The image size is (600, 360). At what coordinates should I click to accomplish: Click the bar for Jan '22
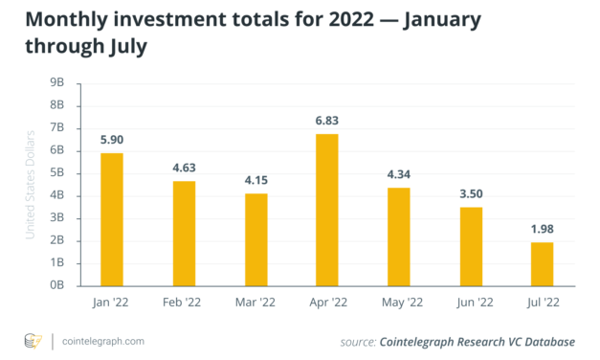tap(112, 218)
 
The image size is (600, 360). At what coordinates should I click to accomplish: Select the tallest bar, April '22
tap(326, 209)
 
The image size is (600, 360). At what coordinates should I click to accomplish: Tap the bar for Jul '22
tap(541, 263)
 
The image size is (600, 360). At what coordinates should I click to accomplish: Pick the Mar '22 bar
tap(256, 238)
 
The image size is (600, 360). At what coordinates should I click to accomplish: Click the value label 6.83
tap(326, 119)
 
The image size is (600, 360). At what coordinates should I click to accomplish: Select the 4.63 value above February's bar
tap(184, 168)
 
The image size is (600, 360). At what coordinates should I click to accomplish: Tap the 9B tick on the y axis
tap(56, 82)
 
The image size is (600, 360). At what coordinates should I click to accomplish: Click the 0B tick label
tap(56, 285)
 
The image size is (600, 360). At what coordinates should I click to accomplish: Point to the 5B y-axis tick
tap(56, 173)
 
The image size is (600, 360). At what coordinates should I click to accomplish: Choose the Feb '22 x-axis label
tap(184, 302)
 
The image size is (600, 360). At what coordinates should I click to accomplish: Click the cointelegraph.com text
tap(104, 341)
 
